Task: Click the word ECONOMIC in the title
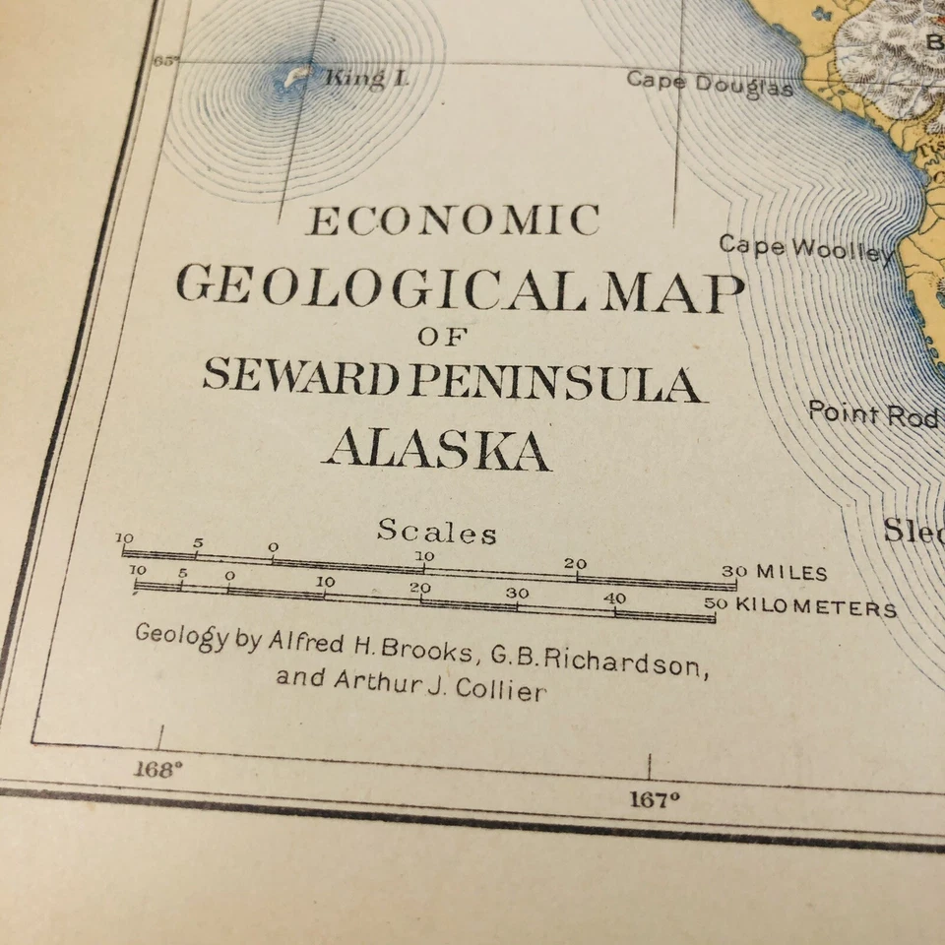[x=453, y=220]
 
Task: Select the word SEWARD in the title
[x=302, y=376]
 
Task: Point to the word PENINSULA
[x=556, y=382]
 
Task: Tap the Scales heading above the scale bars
[x=436, y=533]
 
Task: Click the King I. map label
[x=366, y=79]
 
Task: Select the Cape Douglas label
[x=709, y=84]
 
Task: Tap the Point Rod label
[x=872, y=413]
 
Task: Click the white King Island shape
[x=296, y=76]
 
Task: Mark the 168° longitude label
[x=157, y=769]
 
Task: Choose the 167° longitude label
[x=655, y=799]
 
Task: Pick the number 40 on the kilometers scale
[x=615, y=598]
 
